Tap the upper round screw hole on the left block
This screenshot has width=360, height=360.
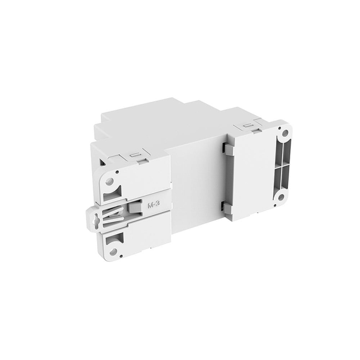tap(109, 182)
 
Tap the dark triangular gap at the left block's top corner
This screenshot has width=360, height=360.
tap(102, 162)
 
